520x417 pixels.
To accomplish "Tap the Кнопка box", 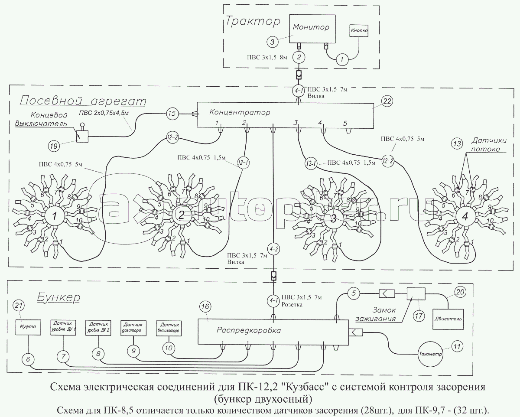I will click(x=359, y=31).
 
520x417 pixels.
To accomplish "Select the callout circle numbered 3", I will click(x=272, y=42).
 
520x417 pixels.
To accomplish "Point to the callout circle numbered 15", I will click(x=172, y=114).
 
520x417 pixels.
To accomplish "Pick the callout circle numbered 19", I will click(x=54, y=147).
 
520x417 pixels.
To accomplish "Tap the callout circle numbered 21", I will click(x=18, y=306).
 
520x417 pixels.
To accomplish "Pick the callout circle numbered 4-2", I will click(x=273, y=248).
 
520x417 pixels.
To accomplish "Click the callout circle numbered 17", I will click(x=418, y=316).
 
